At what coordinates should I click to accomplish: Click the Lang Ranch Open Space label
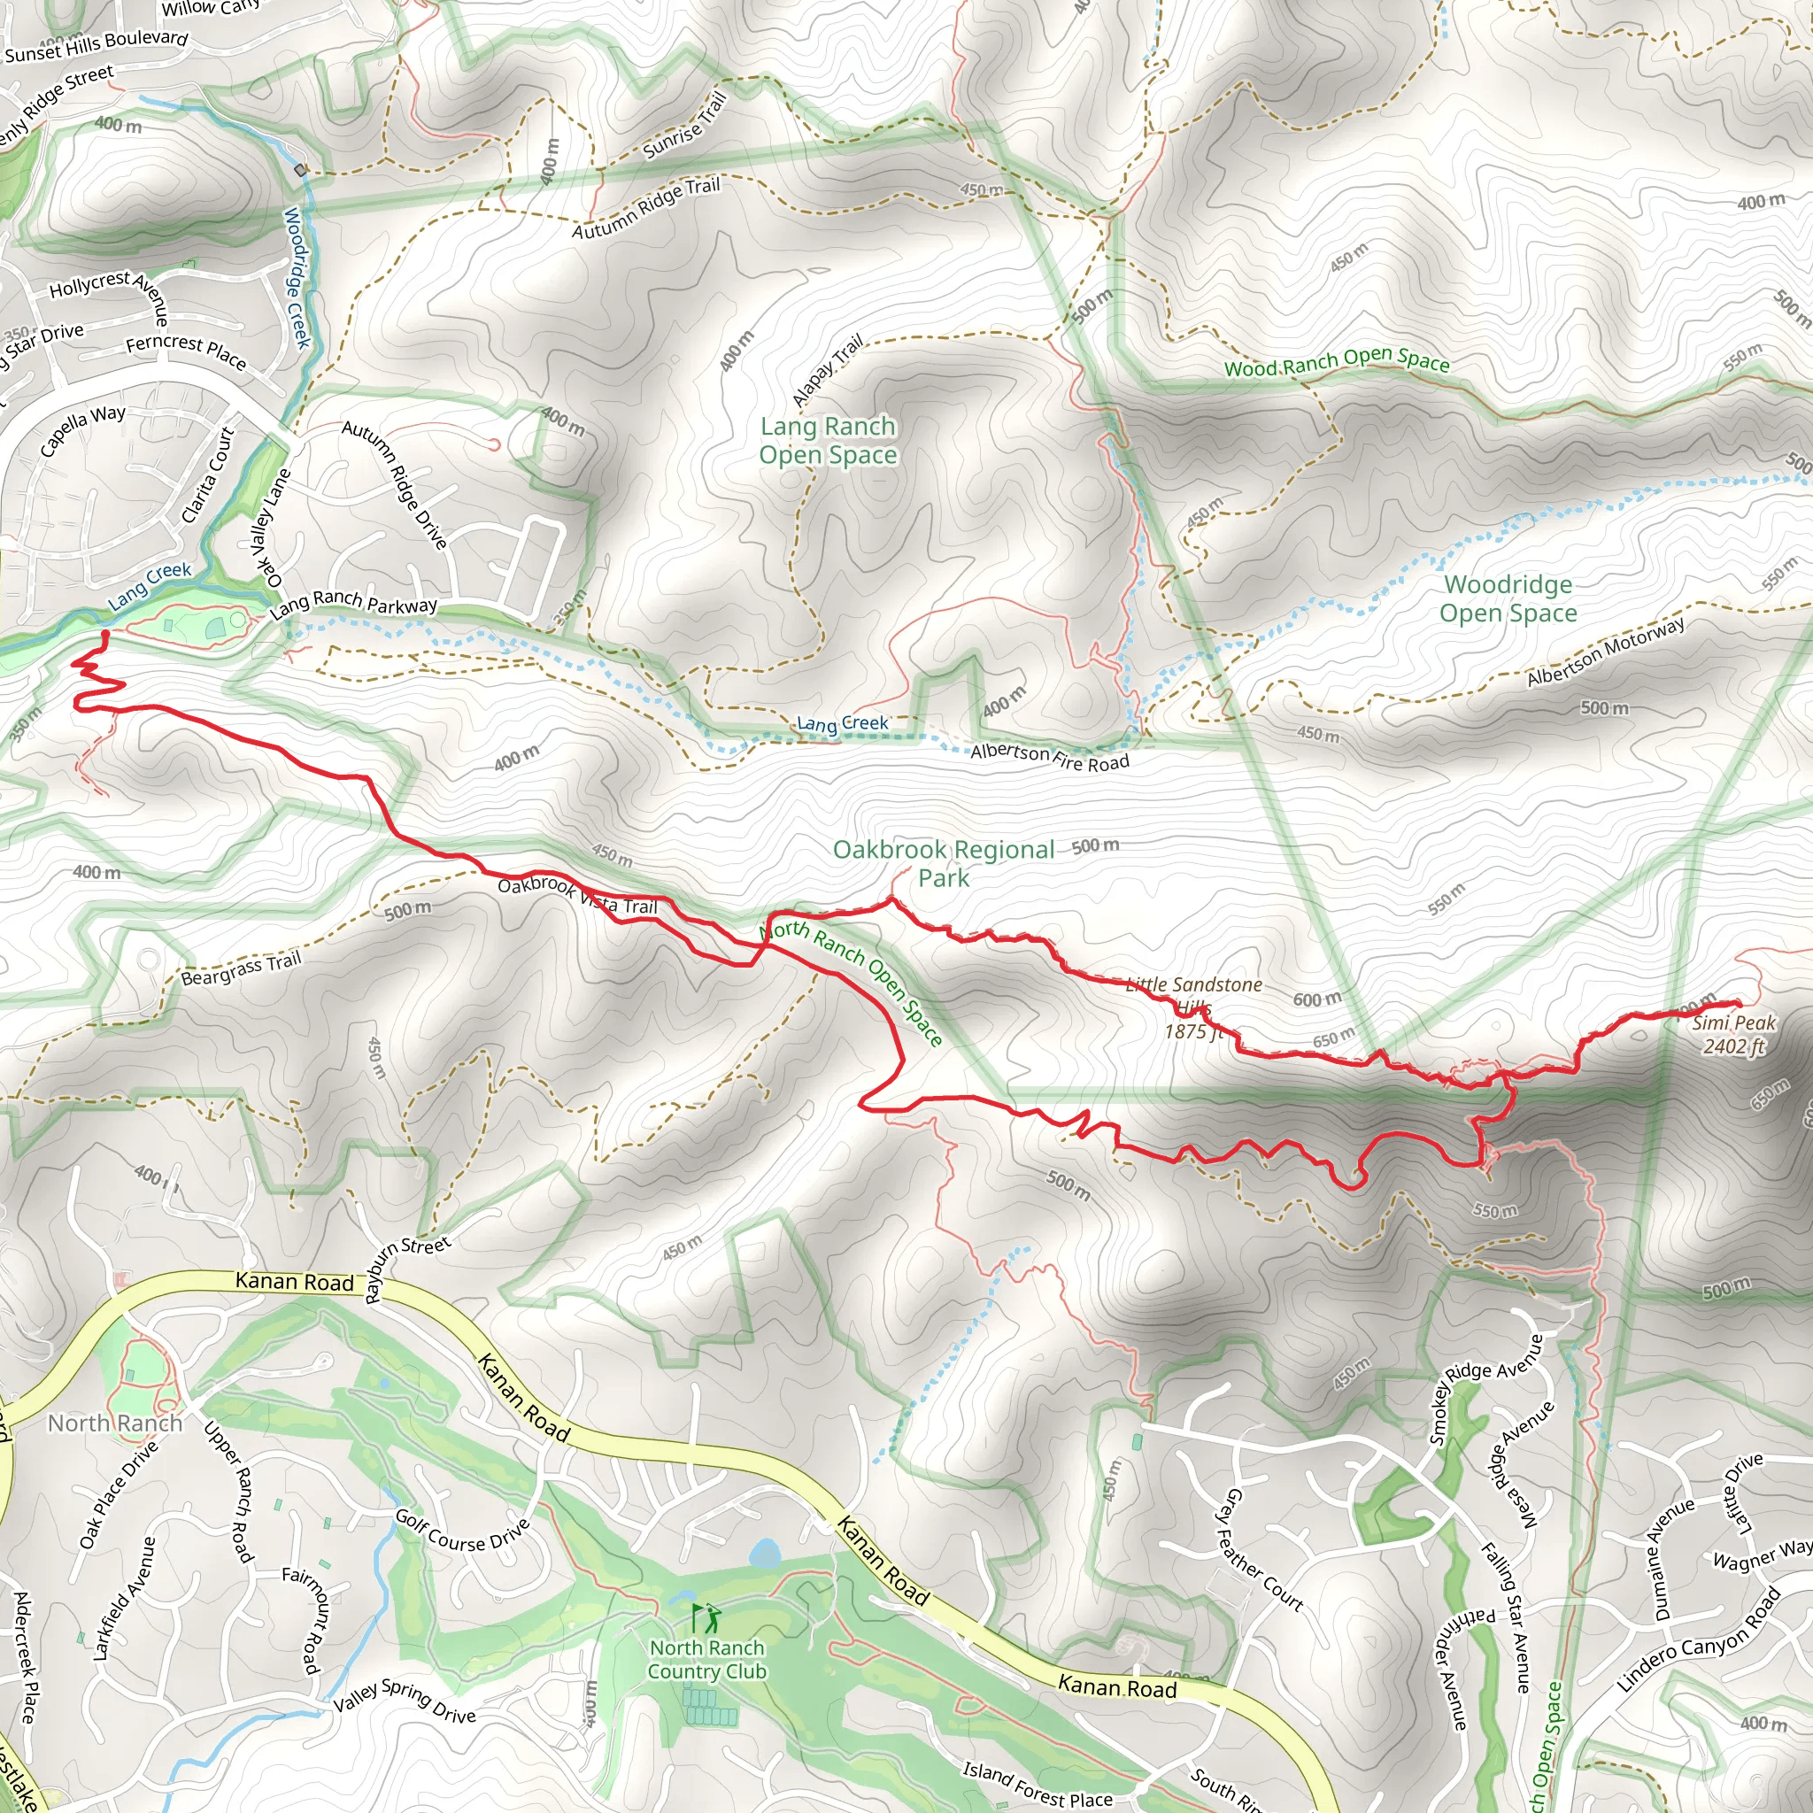click(x=828, y=441)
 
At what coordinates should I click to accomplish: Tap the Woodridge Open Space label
click(x=1508, y=598)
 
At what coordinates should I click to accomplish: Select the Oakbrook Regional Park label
click(x=944, y=863)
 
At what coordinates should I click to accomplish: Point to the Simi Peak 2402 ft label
click(x=1734, y=1035)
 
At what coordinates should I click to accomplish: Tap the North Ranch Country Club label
click(x=706, y=1659)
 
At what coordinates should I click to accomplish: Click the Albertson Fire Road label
click(x=1049, y=756)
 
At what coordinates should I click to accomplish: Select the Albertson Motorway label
click(x=1606, y=652)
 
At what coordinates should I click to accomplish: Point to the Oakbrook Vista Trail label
click(x=577, y=895)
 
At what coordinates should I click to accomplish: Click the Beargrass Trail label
click(x=241, y=968)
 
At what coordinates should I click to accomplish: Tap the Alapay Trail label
click(x=827, y=371)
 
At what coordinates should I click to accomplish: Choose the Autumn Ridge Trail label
click(x=646, y=207)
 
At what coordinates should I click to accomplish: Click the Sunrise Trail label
click(x=685, y=126)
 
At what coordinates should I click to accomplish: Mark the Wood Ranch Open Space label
click(x=1336, y=361)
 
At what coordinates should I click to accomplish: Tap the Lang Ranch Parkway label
click(x=353, y=603)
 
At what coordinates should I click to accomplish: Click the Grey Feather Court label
click(x=1263, y=1551)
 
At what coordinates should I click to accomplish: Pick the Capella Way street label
click(x=82, y=429)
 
